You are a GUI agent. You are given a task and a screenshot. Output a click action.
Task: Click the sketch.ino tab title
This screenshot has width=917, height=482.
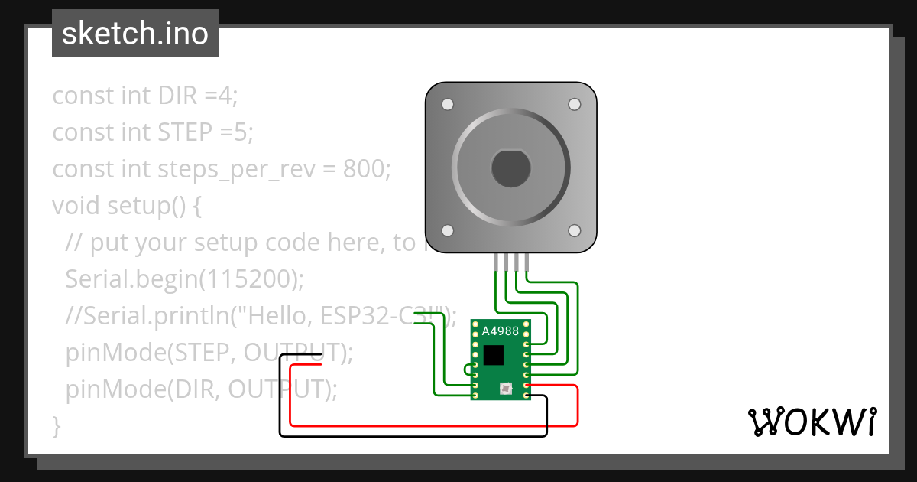coord(135,34)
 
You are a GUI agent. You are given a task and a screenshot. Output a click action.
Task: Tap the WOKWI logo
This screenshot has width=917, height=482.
coord(812,421)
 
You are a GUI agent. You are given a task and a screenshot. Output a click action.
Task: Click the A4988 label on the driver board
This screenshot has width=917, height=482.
coord(500,331)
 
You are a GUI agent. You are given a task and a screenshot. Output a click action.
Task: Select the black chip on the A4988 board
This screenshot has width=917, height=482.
coord(494,355)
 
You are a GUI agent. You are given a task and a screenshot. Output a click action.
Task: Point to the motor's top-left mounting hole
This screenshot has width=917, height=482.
coord(448,104)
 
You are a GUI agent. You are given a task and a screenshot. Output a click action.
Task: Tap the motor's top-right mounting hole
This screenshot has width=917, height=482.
coord(574,104)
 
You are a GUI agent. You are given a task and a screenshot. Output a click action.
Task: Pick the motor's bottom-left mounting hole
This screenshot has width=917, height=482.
coord(448,230)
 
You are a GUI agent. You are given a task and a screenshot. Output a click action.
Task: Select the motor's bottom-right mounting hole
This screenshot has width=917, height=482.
coord(574,230)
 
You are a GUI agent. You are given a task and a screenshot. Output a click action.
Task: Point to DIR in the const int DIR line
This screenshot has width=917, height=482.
coord(178,96)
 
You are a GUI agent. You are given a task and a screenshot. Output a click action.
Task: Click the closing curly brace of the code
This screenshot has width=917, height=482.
coord(56,425)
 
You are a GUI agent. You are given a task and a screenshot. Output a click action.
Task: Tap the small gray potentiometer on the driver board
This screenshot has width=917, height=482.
coord(505,389)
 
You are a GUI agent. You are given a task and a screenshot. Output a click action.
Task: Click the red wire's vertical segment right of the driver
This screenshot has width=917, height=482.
coord(577,405)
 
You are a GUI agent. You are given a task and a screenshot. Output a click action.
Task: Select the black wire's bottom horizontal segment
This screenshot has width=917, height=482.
coord(413,435)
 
